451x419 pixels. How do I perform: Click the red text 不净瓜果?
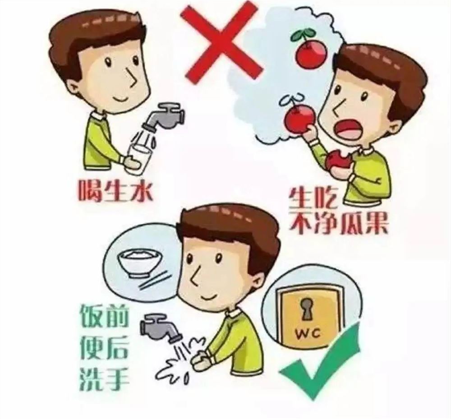pyautogui.click(x=338, y=223)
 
